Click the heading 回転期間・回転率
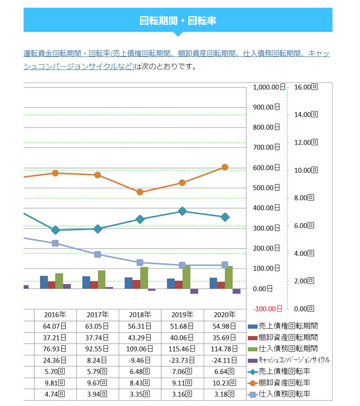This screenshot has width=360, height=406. [x=178, y=20]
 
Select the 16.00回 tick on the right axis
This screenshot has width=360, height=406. [x=306, y=87]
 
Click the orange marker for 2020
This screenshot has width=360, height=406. [x=224, y=167]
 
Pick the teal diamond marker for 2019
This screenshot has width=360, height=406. [x=182, y=211]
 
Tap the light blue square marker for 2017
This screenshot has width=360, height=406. [x=97, y=254]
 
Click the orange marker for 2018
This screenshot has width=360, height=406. [x=140, y=192]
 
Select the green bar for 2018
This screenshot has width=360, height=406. [x=144, y=278]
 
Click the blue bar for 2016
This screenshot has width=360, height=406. [x=44, y=282]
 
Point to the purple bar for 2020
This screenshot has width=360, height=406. [x=236, y=291]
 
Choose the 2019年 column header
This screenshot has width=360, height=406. [x=182, y=315]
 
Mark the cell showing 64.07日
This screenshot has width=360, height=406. [x=55, y=326]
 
